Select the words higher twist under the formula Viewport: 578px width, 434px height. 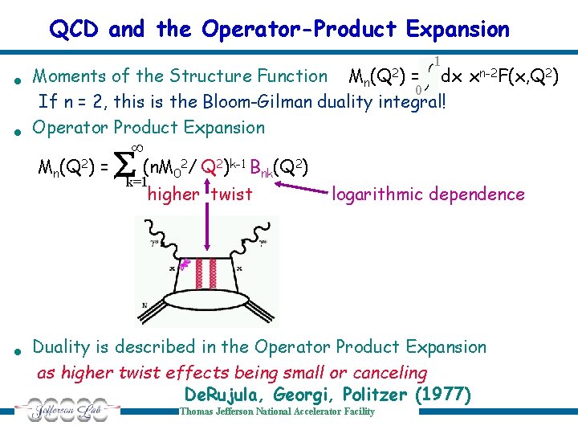click(200, 194)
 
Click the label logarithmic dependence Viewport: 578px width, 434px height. click(428, 194)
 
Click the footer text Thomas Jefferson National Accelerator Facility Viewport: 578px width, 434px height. click(277, 411)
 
